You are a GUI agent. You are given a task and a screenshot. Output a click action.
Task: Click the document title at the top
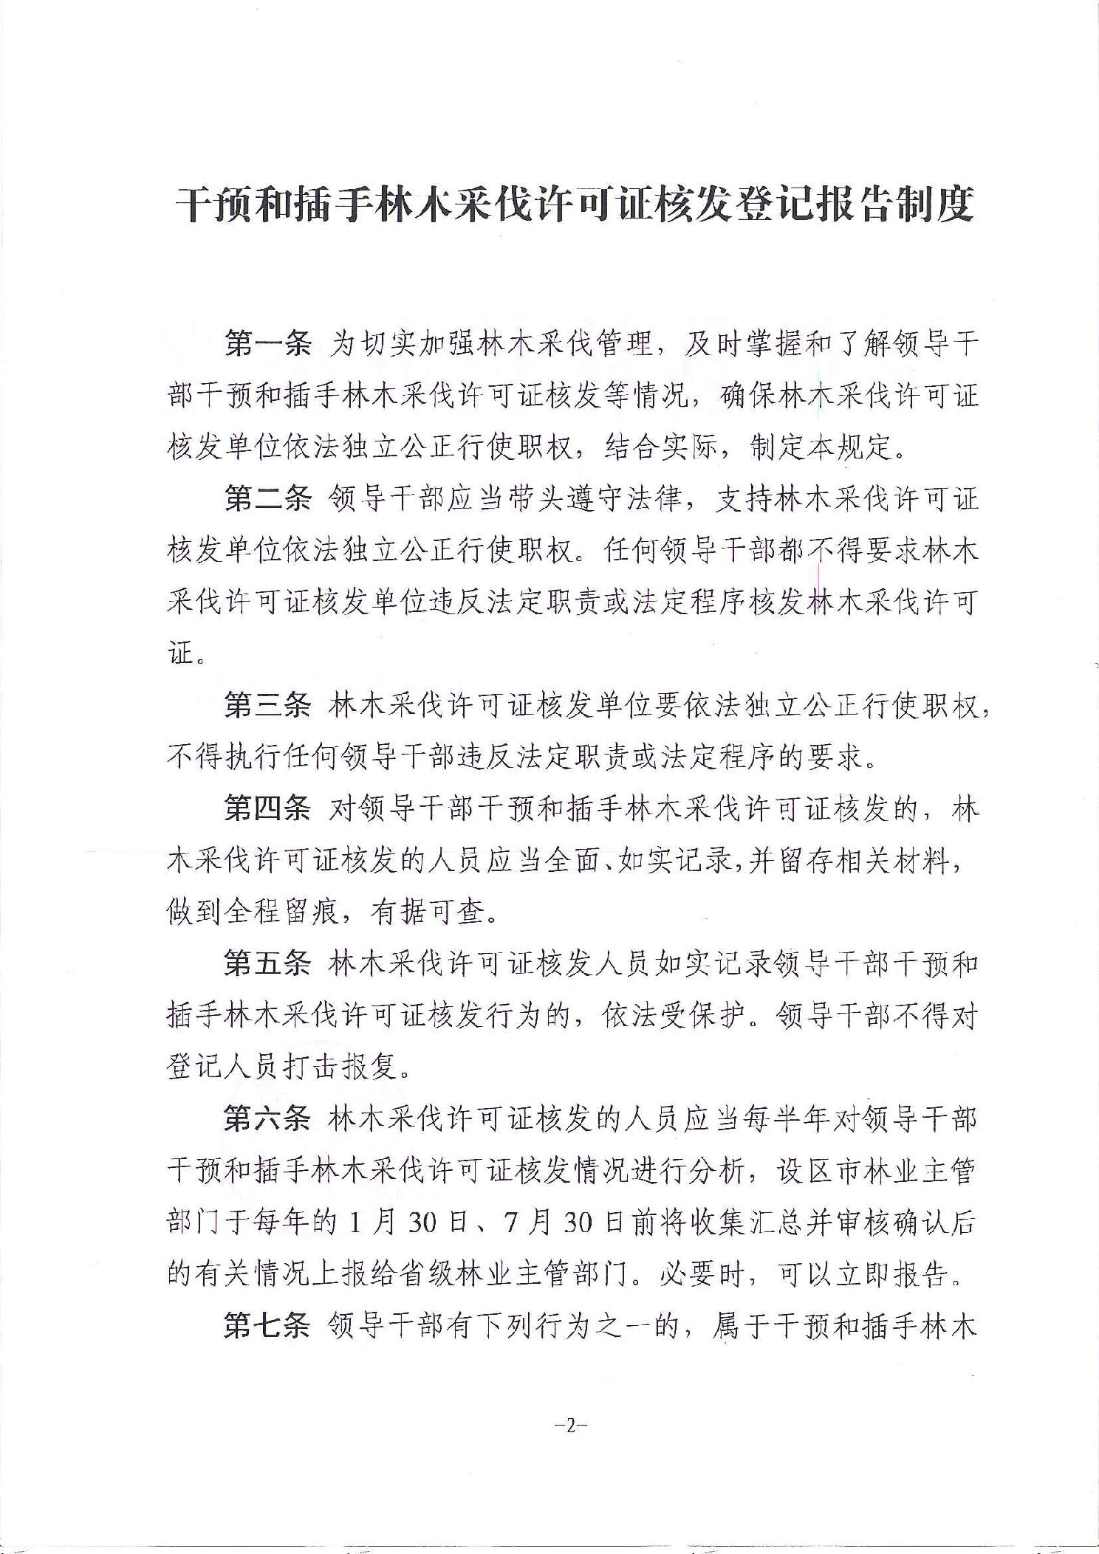pos(575,204)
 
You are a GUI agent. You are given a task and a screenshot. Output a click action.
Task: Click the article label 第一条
pos(268,344)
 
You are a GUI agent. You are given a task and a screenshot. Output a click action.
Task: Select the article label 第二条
pos(268,500)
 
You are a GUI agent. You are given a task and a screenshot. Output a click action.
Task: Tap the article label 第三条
pos(268,706)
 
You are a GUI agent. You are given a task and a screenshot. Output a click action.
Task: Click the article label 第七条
pos(268,1326)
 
